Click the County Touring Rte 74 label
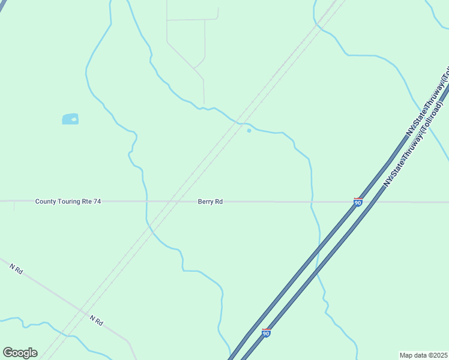(x=68, y=202)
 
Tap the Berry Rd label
(x=210, y=202)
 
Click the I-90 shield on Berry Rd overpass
(x=358, y=203)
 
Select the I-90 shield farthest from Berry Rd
(x=266, y=332)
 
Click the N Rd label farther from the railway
(x=16, y=270)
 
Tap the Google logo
(x=20, y=353)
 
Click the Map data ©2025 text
(x=423, y=355)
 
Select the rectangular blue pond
(x=70, y=119)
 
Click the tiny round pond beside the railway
(x=249, y=130)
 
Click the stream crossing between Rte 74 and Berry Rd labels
(x=146, y=202)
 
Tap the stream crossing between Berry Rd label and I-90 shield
(x=312, y=202)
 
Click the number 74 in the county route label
(x=97, y=202)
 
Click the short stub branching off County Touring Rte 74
(x=14, y=206)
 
